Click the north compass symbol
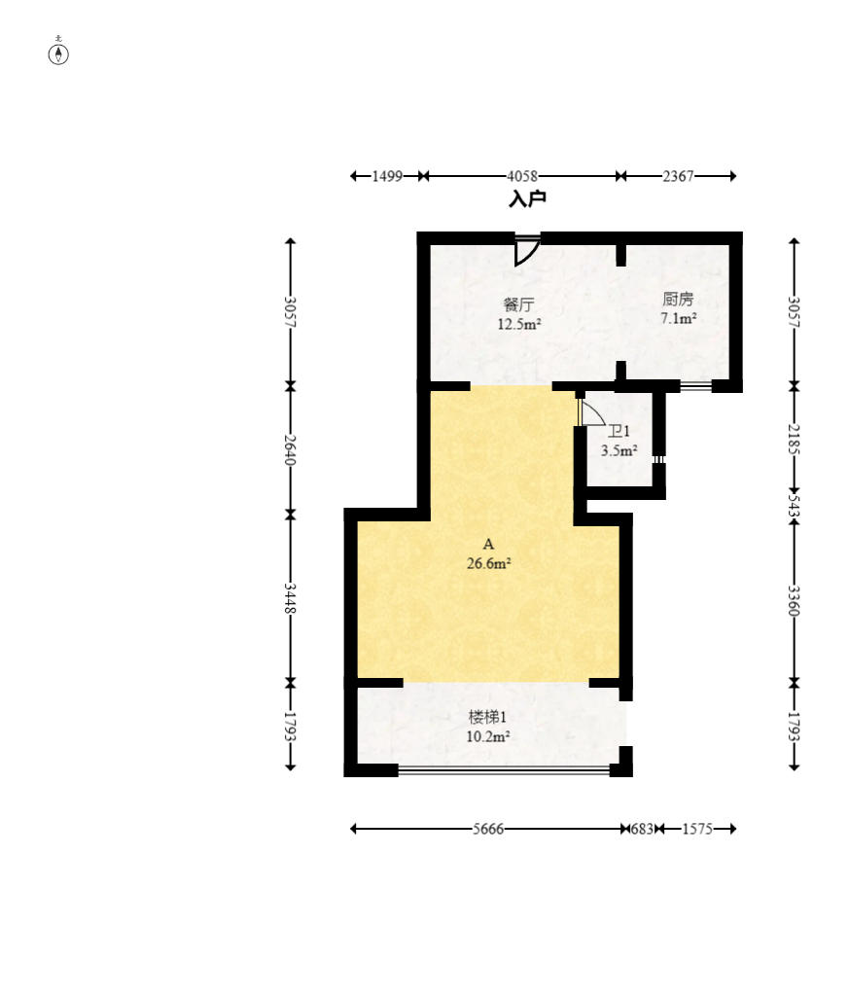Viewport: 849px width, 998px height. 58,53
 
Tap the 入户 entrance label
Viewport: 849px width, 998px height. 528,199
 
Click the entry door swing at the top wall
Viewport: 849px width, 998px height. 527,251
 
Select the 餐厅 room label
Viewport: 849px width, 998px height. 518,303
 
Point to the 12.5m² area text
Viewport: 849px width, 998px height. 519,324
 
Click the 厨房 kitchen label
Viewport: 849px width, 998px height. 678,298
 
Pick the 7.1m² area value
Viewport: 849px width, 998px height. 679,318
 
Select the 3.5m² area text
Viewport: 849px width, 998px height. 619,450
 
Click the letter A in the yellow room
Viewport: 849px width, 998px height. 488,544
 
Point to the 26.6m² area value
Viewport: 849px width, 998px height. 489,563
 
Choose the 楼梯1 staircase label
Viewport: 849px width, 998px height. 487,717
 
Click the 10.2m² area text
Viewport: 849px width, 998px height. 488,737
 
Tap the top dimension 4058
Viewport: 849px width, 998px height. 522,176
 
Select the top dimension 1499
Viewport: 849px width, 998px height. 387,176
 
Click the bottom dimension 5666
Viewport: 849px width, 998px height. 488,829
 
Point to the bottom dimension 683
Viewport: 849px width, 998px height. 642,829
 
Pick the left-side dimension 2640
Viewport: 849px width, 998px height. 290,449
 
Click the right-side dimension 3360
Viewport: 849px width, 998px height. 794,601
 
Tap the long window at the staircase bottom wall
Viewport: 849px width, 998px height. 504,770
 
